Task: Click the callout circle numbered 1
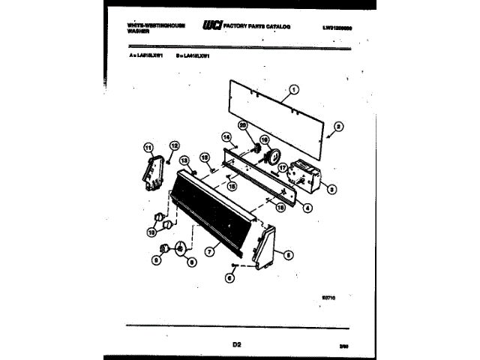pos(293,91)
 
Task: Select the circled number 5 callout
pos(289,254)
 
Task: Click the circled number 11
pos(148,147)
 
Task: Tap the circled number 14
pos(226,136)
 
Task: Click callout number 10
pos(152,232)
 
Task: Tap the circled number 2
pos(338,127)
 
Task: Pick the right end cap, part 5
pos(266,247)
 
